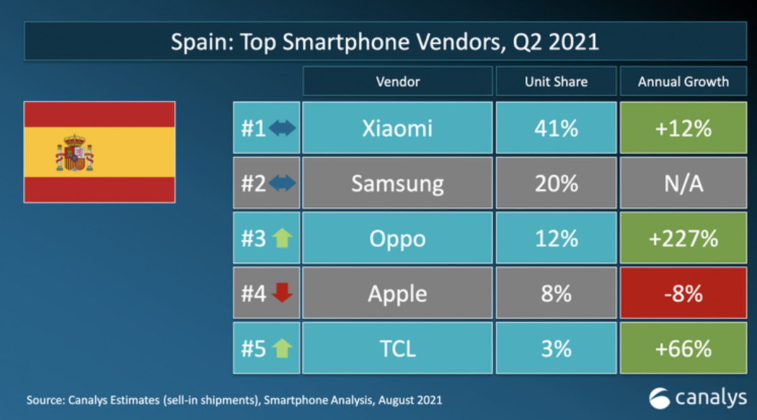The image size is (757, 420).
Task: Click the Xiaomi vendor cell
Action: [x=397, y=129]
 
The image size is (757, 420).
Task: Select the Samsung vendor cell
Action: [x=397, y=184]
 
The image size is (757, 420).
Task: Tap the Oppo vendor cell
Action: [x=397, y=239]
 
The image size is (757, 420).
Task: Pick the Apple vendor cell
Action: [x=397, y=294]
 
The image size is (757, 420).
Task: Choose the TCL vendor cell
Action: [x=397, y=348]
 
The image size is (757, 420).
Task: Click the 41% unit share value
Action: [x=556, y=129]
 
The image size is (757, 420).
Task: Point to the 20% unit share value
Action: [x=556, y=184]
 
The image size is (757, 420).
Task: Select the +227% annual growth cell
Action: [x=683, y=239]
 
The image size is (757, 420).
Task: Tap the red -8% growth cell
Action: [x=683, y=294]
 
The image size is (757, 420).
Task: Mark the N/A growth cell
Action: [x=683, y=184]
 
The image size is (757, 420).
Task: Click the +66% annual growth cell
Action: [x=683, y=348]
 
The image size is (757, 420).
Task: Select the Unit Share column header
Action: [x=556, y=81]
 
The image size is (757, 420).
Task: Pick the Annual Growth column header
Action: [x=683, y=81]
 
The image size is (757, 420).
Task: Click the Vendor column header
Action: [x=397, y=81]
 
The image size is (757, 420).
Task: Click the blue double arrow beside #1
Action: [x=281, y=129]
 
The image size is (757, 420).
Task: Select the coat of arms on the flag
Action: [x=74, y=153]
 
